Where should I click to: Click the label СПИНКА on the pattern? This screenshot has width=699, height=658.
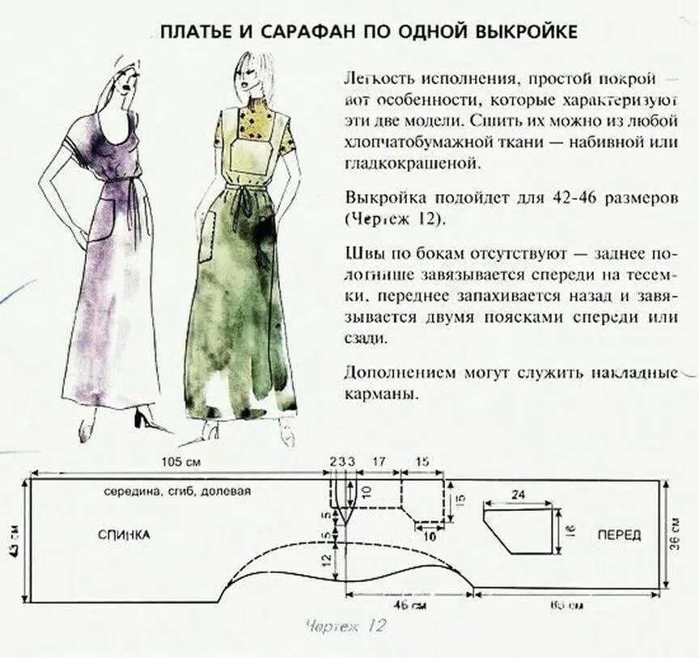tap(124, 534)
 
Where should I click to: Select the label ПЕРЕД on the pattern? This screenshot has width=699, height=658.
tap(619, 534)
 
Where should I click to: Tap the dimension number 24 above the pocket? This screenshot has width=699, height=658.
tap(518, 493)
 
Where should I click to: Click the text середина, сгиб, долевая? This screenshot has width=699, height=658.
tap(177, 491)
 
